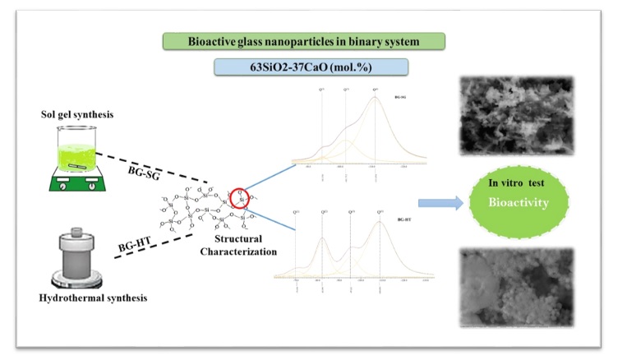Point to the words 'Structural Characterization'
coord(234,247)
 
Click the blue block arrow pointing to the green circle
coord(436,203)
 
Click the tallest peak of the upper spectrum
coord(376,99)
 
